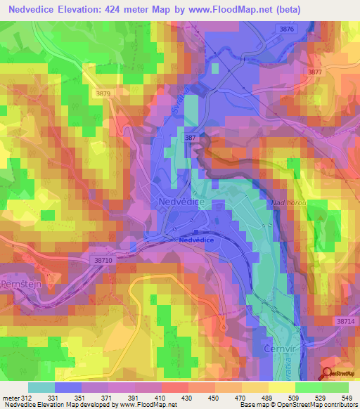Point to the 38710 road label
103,260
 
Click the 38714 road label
346,320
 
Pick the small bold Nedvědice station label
197,240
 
